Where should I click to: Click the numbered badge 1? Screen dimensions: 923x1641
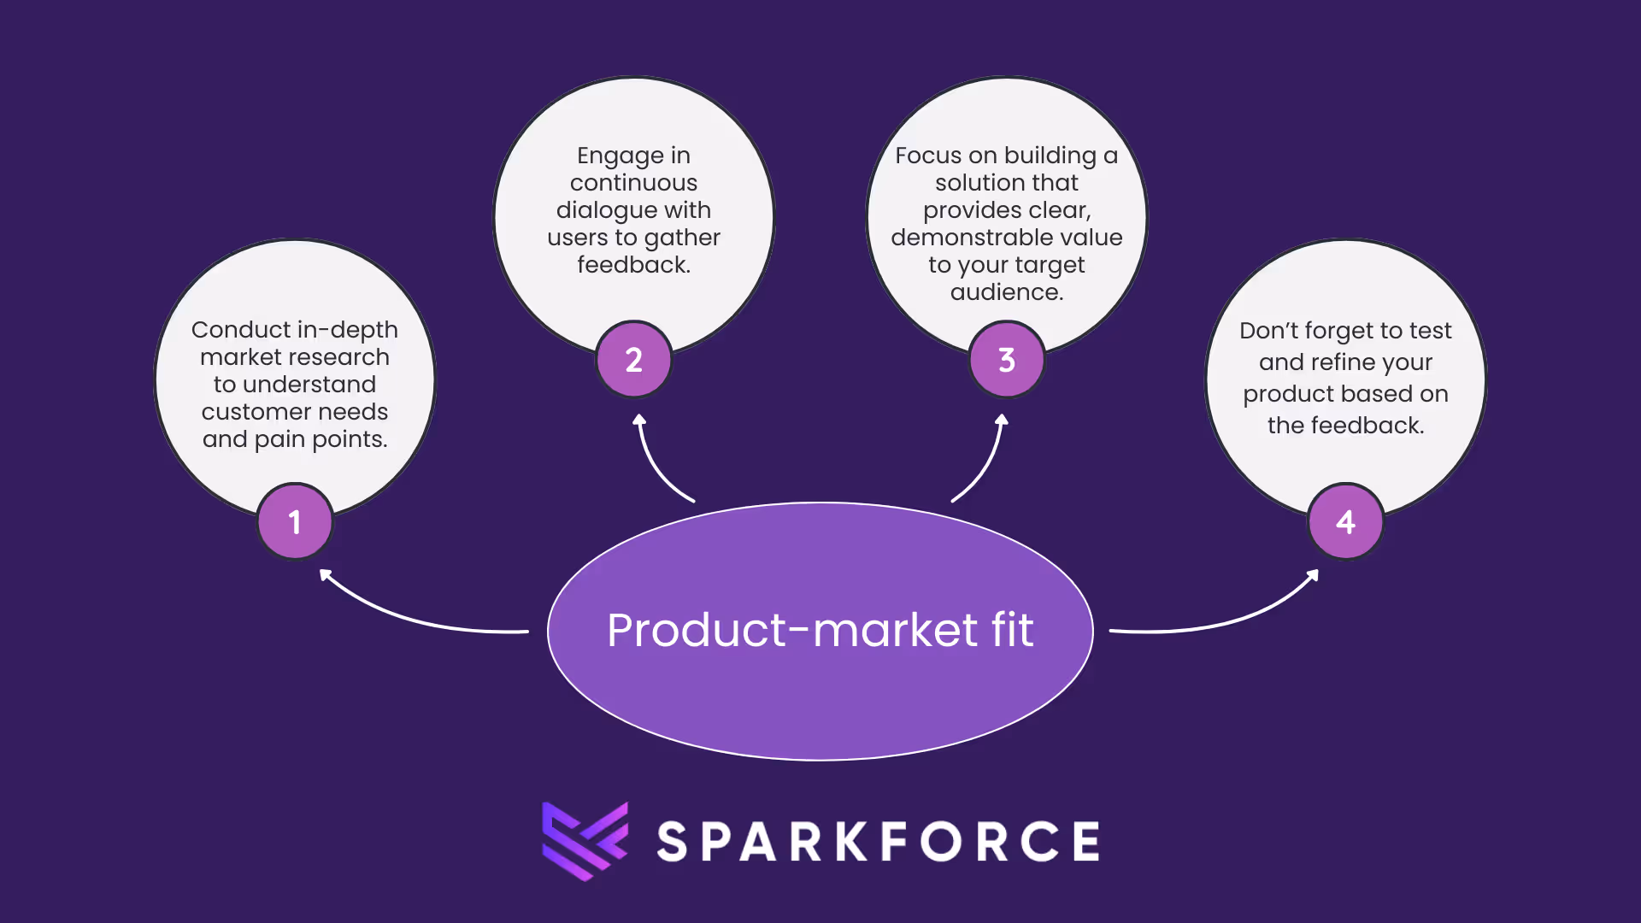click(x=295, y=521)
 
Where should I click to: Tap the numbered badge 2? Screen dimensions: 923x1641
click(x=633, y=360)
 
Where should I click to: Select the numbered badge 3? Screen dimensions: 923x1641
click(x=1007, y=360)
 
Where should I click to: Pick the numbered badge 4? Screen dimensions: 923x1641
click(x=1345, y=521)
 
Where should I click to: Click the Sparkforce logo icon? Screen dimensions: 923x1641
click(x=585, y=841)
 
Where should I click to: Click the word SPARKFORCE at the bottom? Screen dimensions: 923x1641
click(x=879, y=842)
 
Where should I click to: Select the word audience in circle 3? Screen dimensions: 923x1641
click(x=1005, y=292)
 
